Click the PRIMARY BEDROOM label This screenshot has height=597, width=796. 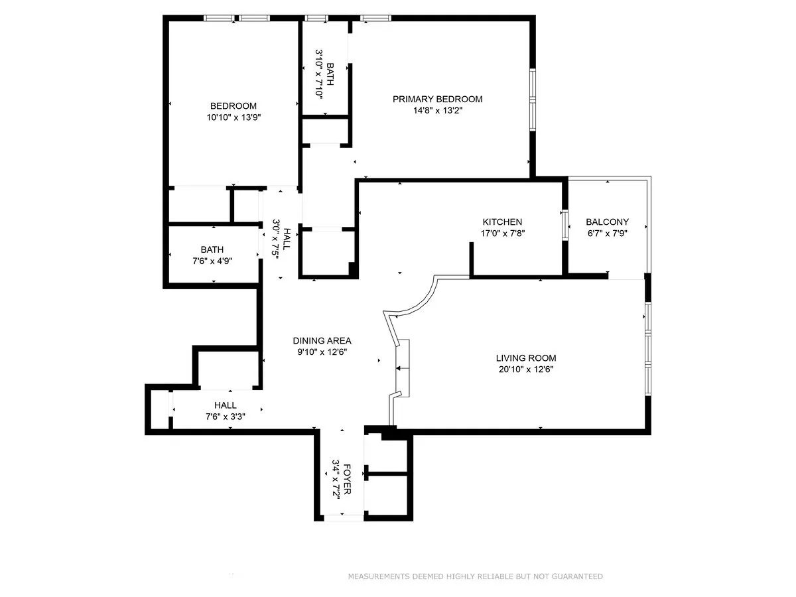pyautogui.click(x=437, y=99)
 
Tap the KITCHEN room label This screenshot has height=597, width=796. pyautogui.click(x=502, y=222)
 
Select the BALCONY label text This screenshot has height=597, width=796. pyautogui.click(x=607, y=222)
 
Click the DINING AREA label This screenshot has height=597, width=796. pyautogui.click(x=322, y=341)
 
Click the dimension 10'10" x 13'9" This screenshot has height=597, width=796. pyautogui.click(x=233, y=117)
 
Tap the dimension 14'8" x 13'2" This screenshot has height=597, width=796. pyautogui.click(x=437, y=111)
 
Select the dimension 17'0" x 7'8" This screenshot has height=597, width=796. pyautogui.click(x=502, y=233)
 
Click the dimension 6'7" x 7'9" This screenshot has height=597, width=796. pyautogui.click(x=607, y=233)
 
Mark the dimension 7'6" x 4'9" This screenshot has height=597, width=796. pyautogui.click(x=212, y=261)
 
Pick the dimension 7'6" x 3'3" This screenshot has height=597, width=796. pyautogui.click(x=225, y=417)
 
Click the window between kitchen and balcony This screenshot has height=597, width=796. pyautogui.click(x=564, y=224)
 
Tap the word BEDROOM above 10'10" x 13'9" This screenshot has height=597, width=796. pyautogui.click(x=233, y=106)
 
